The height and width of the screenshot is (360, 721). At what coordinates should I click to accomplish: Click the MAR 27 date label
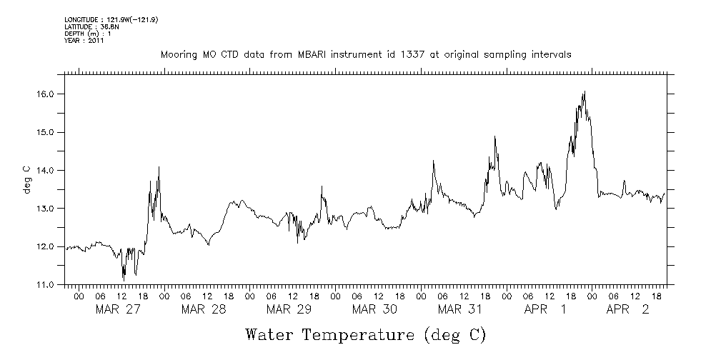[118, 309]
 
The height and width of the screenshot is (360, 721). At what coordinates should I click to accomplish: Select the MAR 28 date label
[204, 309]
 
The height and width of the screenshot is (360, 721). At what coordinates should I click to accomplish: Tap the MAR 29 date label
[289, 309]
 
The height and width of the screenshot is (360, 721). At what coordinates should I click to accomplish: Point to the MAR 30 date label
[375, 309]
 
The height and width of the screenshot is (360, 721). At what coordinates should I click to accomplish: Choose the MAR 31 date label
[461, 309]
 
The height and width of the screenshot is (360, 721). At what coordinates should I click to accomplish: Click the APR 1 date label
[545, 309]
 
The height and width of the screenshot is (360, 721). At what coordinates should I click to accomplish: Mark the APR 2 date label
[627, 309]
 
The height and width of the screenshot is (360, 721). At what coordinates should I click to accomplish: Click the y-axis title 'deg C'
[26, 179]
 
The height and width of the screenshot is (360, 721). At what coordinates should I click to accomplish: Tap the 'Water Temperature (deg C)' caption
[366, 334]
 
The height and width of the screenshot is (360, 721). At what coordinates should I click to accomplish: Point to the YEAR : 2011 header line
[84, 41]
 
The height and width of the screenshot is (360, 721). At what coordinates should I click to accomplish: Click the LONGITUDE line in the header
[111, 19]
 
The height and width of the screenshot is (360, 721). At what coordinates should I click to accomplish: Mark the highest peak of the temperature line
[585, 91]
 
